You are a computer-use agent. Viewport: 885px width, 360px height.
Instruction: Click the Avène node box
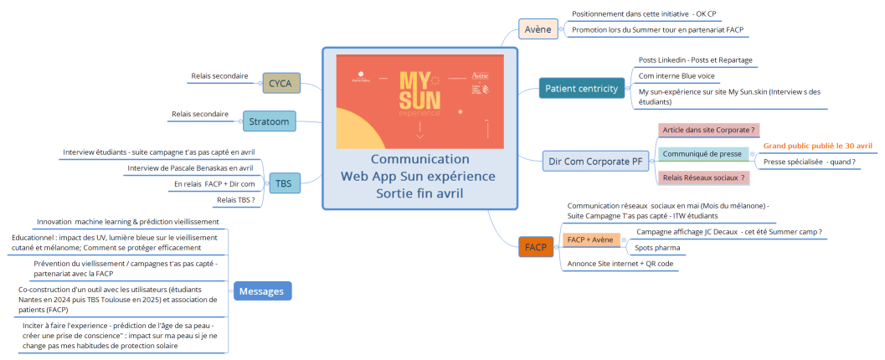(x=538, y=29)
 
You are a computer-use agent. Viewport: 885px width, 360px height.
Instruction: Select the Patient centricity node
(x=581, y=88)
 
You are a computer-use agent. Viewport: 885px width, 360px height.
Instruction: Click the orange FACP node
(x=536, y=247)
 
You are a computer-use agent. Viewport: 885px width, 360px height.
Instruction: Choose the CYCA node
(x=280, y=83)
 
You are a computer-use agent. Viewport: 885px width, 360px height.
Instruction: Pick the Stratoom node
(x=269, y=122)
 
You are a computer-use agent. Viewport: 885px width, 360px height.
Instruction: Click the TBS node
(x=283, y=183)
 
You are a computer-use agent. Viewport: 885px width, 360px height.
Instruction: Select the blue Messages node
(x=262, y=291)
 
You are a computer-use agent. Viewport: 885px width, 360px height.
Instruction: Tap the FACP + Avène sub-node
(x=589, y=240)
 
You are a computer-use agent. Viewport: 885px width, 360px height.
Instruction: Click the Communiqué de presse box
(x=691, y=154)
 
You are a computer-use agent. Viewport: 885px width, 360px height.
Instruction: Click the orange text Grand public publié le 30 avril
(x=817, y=146)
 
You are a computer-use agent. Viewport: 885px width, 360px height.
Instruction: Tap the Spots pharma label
(x=656, y=248)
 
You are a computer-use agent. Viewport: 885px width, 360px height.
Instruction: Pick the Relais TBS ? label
(x=237, y=199)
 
